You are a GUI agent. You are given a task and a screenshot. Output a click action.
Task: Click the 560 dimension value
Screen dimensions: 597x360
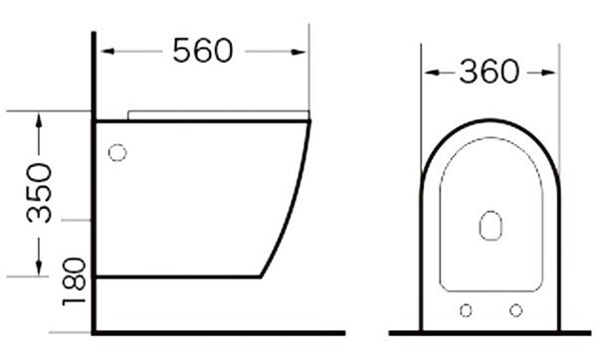pos(202,51)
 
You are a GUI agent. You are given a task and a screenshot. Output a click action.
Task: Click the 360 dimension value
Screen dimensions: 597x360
pos(490,72)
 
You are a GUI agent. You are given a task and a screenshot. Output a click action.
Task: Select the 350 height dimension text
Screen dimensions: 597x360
pos(39,193)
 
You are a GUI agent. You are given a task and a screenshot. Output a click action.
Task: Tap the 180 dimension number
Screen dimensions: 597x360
pos(74,282)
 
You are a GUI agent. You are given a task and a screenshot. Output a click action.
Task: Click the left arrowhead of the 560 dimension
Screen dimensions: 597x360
pos(107,52)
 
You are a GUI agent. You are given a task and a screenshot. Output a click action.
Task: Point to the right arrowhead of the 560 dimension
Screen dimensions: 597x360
pos(298,52)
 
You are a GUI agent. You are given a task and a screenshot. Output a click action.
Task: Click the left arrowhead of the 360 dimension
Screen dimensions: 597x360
pos(432,73)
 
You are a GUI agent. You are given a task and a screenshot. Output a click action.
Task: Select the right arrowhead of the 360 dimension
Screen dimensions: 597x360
pos(548,73)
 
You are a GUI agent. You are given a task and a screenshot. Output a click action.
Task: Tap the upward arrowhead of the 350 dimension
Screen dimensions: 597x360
pos(39,120)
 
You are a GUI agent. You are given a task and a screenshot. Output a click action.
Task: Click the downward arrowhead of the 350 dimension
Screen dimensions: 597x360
pos(39,268)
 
